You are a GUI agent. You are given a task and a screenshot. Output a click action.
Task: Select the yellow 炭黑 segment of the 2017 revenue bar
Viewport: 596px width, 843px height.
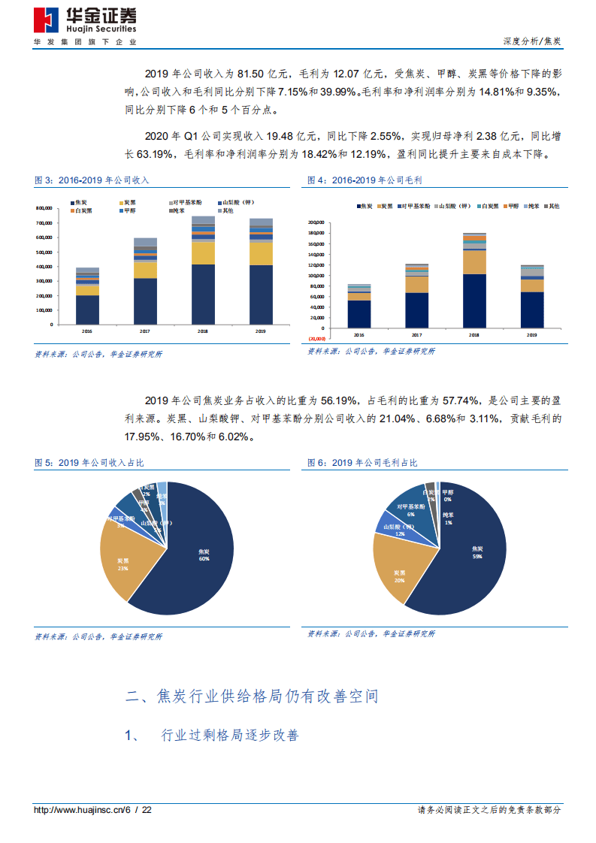pos(145,270)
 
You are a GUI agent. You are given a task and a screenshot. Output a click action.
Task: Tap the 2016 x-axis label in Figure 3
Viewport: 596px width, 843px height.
pos(87,331)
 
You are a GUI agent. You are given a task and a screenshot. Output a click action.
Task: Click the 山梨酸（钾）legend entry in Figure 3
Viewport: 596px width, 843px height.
pos(237,203)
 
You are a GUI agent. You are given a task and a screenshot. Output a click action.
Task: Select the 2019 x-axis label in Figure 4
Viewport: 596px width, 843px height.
pos(531,334)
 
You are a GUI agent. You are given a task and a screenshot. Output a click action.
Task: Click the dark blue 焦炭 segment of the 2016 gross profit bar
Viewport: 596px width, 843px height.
pos(359,311)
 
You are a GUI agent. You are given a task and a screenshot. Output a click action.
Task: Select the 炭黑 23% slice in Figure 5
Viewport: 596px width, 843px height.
pos(126,564)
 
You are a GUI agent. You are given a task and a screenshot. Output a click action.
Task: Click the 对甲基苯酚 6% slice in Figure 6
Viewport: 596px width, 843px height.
pos(412,511)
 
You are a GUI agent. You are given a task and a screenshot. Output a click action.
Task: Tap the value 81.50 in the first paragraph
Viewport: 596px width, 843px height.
pos(252,74)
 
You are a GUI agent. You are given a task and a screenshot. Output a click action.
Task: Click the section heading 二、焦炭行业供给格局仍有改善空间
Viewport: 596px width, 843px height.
pos(251,696)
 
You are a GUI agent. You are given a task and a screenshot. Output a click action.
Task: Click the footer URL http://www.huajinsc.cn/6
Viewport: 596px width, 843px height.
pos(83,810)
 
